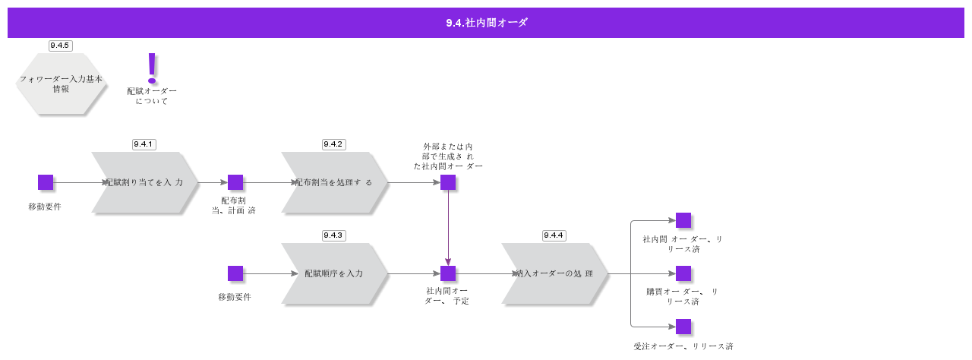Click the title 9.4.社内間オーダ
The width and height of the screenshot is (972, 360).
click(x=486, y=23)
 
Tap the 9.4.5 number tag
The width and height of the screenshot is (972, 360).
click(x=60, y=46)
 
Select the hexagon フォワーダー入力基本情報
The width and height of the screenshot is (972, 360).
click(x=60, y=84)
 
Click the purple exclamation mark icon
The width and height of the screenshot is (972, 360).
click(x=152, y=68)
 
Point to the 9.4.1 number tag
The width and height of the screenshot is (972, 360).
click(x=144, y=144)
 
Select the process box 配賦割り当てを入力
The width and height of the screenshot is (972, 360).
click(x=144, y=182)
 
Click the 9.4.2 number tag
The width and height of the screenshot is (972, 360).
click(x=333, y=144)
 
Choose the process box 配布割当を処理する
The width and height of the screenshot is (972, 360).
click(x=334, y=182)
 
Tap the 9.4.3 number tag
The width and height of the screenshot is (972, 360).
click(x=333, y=235)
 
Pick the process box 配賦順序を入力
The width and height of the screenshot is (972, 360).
click(x=334, y=273)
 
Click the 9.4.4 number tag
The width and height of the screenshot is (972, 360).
click(x=554, y=235)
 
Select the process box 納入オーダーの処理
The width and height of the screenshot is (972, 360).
click(x=554, y=273)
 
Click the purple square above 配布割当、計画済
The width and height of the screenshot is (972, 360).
click(x=235, y=182)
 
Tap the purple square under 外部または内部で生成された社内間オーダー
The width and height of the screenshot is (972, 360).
click(x=448, y=182)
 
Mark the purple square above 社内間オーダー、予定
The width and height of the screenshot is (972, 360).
click(x=448, y=273)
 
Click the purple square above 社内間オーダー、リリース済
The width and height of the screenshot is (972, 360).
click(x=683, y=220)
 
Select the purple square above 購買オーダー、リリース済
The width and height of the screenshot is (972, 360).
click(x=683, y=273)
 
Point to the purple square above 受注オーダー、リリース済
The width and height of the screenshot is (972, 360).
click(x=683, y=327)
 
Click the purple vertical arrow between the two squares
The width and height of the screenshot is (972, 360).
click(x=448, y=228)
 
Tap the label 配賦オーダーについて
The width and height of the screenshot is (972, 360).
click(x=152, y=96)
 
